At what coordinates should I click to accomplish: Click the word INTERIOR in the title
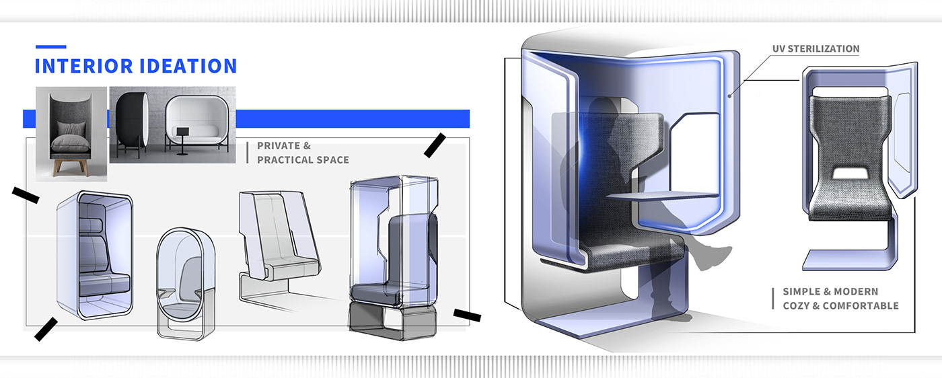84,66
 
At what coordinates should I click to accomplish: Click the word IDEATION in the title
188,66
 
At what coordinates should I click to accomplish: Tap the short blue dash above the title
51,46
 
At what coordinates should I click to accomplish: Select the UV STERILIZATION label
816,49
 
